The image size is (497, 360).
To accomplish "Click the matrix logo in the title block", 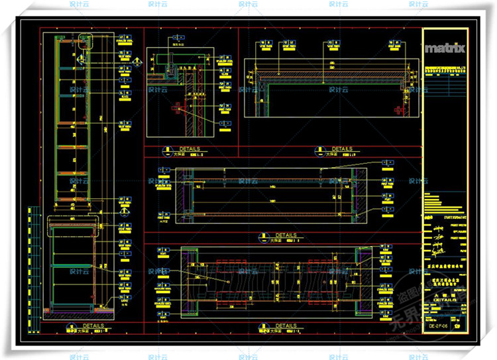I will click(445, 48).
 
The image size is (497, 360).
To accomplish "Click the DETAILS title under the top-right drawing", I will click(342, 150).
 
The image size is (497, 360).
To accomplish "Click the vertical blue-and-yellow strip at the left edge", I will click(30, 259).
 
